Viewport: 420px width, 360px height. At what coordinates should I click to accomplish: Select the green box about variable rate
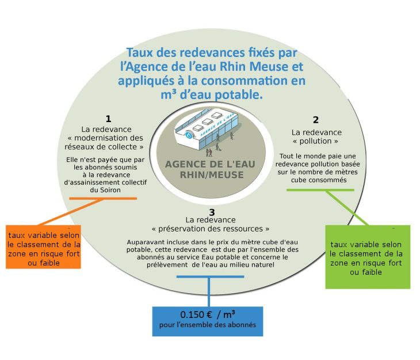coord(368,257)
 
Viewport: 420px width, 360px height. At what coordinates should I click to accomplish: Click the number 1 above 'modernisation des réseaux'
coord(108,119)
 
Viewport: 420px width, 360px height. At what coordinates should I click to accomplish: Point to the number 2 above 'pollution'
coord(316,120)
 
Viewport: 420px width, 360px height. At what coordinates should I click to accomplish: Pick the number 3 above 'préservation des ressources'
coord(211,212)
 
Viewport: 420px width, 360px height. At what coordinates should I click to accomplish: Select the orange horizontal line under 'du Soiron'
coord(103,198)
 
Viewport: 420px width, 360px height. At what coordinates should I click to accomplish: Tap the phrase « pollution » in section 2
coord(315,141)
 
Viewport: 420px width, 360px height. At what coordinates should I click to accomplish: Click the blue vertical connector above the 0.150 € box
coord(208,291)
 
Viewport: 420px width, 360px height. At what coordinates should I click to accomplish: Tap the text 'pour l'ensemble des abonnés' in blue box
coord(207,326)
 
